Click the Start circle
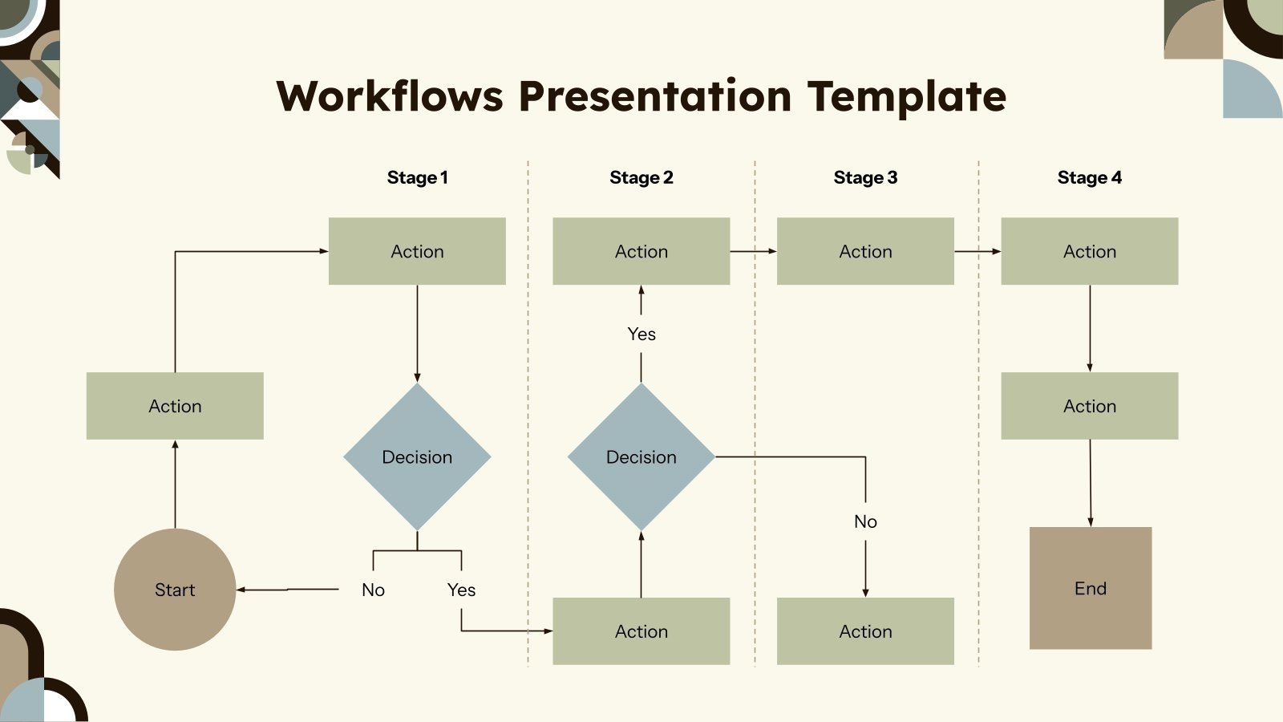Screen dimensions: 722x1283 (175, 590)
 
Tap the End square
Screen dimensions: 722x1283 (1091, 588)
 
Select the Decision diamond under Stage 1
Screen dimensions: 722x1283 (417, 456)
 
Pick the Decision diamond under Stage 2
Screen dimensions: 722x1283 (641, 456)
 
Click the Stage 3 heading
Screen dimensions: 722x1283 (865, 177)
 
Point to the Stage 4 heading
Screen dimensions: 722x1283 (1089, 177)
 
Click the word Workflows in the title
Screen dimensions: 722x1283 (390, 96)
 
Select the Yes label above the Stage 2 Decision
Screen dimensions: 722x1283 (641, 334)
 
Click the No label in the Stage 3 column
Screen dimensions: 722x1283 (865, 521)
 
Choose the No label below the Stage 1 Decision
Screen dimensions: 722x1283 (373, 590)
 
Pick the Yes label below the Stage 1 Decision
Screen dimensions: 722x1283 (461, 590)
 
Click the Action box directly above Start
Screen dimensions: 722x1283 (175, 406)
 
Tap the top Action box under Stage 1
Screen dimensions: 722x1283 (417, 251)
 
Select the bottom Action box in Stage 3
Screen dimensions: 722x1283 (865, 631)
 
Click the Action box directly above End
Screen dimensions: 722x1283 (1089, 406)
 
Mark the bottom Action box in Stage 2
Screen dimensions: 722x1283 (641, 631)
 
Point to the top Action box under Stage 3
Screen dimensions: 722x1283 (865, 251)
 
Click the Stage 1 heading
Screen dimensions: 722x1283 (417, 177)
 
